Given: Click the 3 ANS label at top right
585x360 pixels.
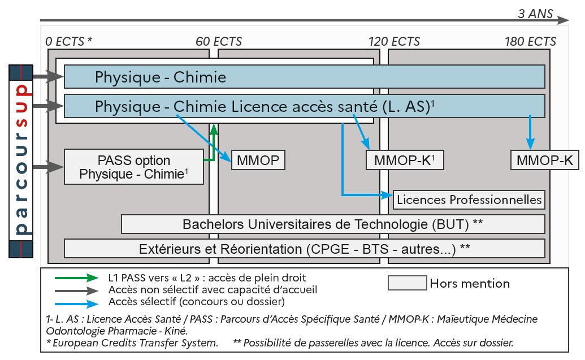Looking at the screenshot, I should click(535, 14).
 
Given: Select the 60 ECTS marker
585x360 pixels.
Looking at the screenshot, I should click(219, 41).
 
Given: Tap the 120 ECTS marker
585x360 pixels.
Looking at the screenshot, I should click(394, 41).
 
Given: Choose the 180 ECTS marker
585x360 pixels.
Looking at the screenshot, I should click(530, 41).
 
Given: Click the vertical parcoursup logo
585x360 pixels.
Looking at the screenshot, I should click(21, 161).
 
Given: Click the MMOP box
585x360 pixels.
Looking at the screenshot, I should click(258, 161).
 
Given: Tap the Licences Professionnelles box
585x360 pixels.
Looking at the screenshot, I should click(469, 199).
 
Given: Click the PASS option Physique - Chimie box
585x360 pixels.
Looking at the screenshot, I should click(134, 167).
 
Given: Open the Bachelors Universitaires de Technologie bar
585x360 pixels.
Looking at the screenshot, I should click(333, 224).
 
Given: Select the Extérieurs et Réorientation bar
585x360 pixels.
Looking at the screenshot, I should click(305, 248).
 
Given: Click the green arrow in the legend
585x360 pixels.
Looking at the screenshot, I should click(77, 278).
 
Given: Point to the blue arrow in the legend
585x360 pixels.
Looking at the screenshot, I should click(77, 301).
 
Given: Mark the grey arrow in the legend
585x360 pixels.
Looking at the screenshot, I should click(77, 289).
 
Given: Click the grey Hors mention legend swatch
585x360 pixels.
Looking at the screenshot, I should click(407, 283).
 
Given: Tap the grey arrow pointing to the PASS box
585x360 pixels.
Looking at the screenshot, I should click(49, 167).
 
